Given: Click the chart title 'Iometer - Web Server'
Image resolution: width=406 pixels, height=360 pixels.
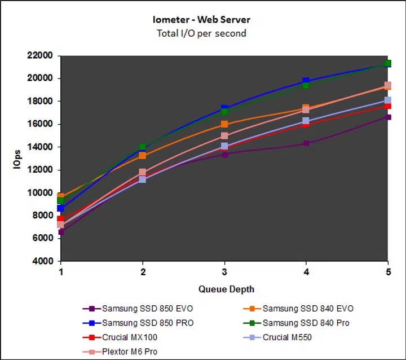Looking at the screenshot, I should coord(202,20).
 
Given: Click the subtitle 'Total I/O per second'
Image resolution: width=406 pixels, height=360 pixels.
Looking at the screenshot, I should coord(202,33).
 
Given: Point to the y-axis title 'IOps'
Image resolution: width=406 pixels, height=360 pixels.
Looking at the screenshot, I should coord(19,159).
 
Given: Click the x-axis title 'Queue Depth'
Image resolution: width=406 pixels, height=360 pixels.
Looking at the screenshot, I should coord(226,289).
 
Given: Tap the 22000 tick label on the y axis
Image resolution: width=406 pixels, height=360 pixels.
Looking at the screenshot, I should coord(39,56).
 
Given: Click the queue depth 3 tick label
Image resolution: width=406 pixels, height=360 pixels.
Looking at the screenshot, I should coord(224,271).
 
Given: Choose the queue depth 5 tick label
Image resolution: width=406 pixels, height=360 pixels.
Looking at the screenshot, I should coord(387,271).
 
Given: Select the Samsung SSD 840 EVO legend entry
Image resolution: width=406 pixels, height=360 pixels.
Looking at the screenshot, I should coord(307,309).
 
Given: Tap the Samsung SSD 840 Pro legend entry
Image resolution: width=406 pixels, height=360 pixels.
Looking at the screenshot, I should coord(306,323).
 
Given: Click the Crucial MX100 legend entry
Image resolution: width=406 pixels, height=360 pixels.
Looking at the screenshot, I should coord(129,337).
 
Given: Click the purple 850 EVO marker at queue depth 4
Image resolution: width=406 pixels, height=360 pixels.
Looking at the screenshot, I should coord(306,143).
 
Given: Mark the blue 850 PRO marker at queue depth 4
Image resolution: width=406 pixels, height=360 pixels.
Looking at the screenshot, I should coord(306,81).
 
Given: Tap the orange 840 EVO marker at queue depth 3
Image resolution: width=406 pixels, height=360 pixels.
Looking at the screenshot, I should coord(224,124).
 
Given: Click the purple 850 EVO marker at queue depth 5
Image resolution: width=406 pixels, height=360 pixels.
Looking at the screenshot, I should coord(388,117).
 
